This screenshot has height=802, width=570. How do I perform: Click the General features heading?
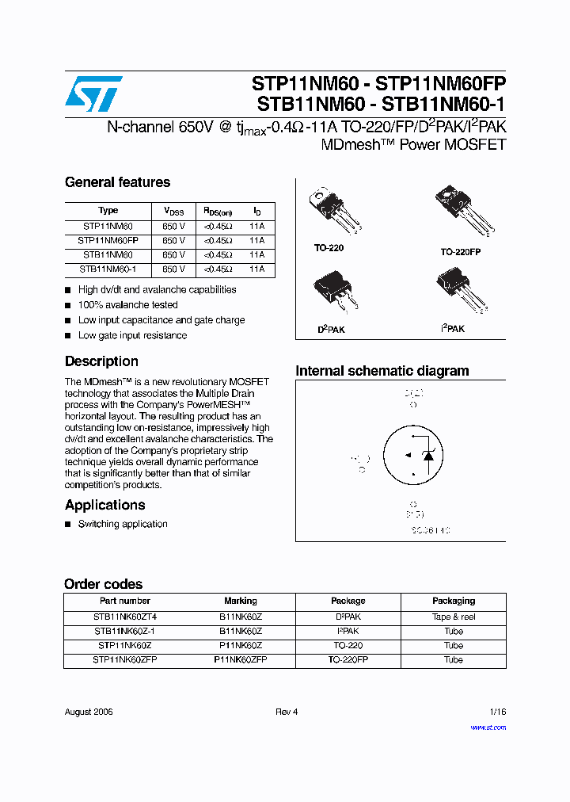117,182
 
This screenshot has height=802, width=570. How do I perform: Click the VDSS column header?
173,211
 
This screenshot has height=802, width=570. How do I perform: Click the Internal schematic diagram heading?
382,371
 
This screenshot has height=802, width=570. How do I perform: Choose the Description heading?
101,361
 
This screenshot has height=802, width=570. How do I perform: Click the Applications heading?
104,505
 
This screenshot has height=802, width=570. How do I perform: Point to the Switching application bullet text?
123,524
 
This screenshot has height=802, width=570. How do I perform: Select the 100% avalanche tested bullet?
127,305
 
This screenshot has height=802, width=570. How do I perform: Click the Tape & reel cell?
453,617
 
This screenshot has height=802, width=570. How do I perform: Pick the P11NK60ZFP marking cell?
240,659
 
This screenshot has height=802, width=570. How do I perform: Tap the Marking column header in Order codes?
240,601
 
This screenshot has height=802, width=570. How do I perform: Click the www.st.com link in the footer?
488,728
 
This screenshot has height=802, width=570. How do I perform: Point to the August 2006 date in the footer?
89,712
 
